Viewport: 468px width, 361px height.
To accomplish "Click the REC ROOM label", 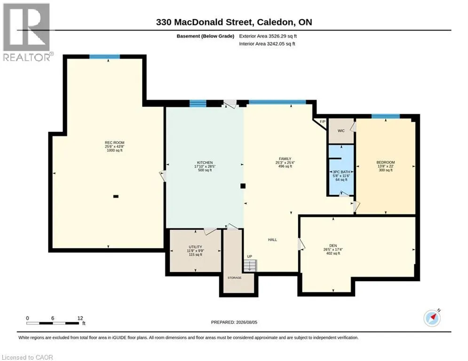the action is [x=115, y=142].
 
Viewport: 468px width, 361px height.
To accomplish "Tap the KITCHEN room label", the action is [x=205, y=163].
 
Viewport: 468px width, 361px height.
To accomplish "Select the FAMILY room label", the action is [x=285, y=159].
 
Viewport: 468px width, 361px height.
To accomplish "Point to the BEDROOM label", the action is [x=386, y=162].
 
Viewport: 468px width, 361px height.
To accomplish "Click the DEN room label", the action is [x=333, y=245].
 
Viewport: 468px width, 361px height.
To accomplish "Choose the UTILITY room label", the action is [x=196, y=247].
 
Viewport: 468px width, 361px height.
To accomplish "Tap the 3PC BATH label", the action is [x=341, y=172].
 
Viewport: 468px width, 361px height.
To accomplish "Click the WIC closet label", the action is [x=341, y=131].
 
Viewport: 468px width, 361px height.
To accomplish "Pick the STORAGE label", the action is [x=235, y=278].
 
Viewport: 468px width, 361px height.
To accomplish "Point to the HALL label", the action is [x=272, y=240].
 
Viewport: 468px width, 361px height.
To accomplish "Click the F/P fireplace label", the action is [x=322, y=122].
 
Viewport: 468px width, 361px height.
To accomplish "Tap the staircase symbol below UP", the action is [x=250, y=265].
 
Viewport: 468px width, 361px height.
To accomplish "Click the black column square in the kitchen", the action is [x=243, y=186].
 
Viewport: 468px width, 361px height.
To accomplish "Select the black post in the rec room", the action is [x=116, y=196].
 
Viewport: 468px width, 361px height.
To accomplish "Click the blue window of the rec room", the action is [x=105, y=57].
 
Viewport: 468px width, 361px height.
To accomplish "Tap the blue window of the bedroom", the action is [x=386, y=116].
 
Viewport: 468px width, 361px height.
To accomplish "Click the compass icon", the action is [x=432, y=318].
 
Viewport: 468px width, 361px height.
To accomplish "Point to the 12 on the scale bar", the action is [x=80, y=318].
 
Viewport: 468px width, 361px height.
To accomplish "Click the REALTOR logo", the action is [x=27, y=32].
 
